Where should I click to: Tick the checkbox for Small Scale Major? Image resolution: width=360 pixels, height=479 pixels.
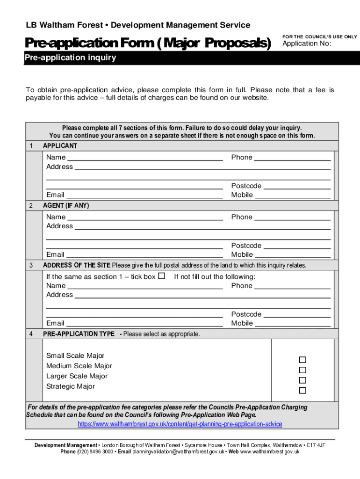302,360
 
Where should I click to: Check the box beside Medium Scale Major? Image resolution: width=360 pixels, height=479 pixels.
302,370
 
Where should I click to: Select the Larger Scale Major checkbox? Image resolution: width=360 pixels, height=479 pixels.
302,380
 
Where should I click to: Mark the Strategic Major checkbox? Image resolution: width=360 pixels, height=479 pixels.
302,390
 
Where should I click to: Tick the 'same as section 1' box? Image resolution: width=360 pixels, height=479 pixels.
162,276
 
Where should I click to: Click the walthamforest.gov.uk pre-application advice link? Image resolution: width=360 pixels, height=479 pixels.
180,424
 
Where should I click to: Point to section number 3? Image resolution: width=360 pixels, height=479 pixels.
31,265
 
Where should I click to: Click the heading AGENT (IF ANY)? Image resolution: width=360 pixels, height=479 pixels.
66,206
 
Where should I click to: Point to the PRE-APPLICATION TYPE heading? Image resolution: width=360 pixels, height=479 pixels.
79,334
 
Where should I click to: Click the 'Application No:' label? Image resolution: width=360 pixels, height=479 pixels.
307,44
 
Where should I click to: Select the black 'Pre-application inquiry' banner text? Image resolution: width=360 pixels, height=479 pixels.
70,58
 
